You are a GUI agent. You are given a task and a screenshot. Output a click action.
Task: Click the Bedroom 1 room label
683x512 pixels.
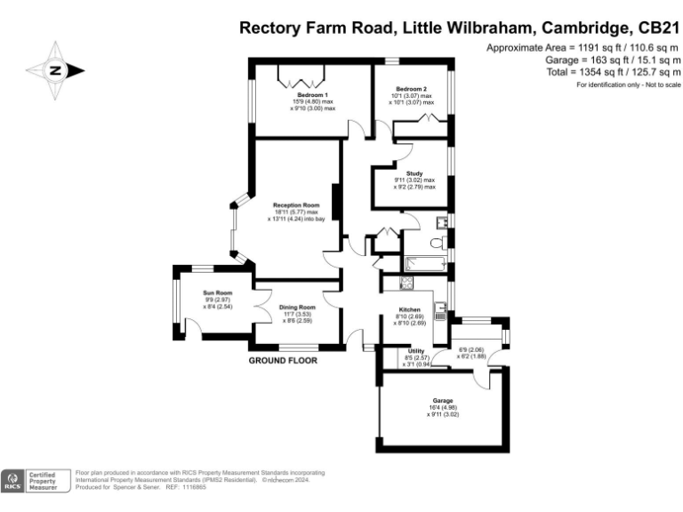313,95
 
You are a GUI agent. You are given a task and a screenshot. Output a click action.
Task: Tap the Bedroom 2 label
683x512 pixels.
411,89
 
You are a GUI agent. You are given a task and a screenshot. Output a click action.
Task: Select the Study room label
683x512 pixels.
414,173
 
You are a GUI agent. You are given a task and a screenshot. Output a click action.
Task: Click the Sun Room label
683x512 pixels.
217,293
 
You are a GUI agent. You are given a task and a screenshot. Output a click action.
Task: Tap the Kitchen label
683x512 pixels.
409,309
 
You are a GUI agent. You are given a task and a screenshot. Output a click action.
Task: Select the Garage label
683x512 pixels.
443,401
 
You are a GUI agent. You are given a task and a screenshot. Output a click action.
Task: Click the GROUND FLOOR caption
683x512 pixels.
282,361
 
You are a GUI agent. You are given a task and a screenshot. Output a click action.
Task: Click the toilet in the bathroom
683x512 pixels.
437,242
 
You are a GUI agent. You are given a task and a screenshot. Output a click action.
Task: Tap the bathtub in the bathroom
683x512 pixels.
424,264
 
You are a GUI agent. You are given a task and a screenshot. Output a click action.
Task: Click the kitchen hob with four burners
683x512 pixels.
406,283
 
